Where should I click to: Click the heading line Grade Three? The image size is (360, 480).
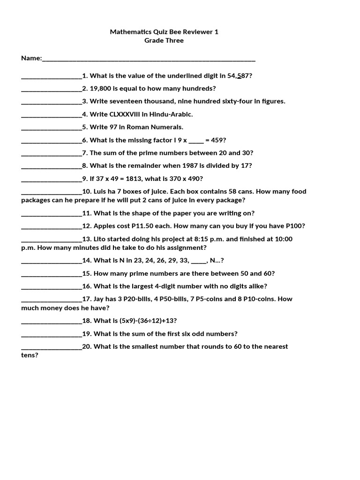[164, 40]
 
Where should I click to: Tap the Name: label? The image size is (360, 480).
[31, 58]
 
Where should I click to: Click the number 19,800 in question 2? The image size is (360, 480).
[100, 88]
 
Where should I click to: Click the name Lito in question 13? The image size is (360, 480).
[102, 239]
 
